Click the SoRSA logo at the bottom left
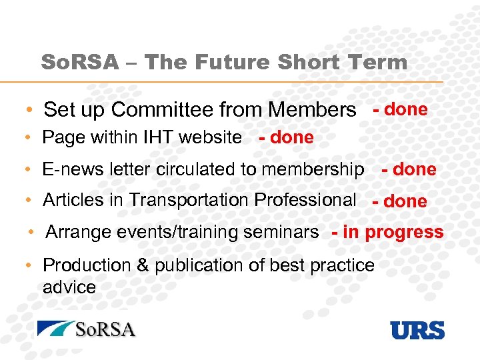tap(87, 329)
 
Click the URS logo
tap(417, 330)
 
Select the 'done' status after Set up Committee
tap(406, 109)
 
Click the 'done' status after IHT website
tap(292, 137)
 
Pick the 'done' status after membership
tap(415, 169)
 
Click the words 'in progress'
tap(393, 232)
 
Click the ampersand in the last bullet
tap(143, 265)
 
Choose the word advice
tap(69, 287)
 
